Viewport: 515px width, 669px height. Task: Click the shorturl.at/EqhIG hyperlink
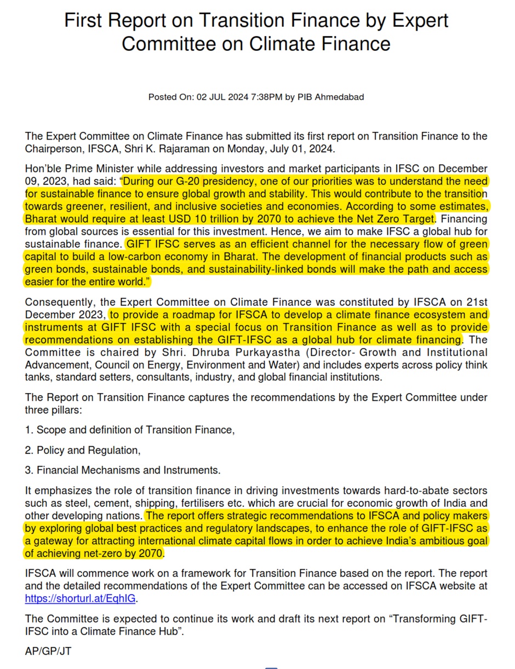pos(80,598)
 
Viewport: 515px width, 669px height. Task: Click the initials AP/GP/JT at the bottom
pos(48,651)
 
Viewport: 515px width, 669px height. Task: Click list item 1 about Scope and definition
pos(130,430)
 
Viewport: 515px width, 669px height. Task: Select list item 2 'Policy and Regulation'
pos(83,450)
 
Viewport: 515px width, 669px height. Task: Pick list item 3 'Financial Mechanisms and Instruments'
pos(123,470)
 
